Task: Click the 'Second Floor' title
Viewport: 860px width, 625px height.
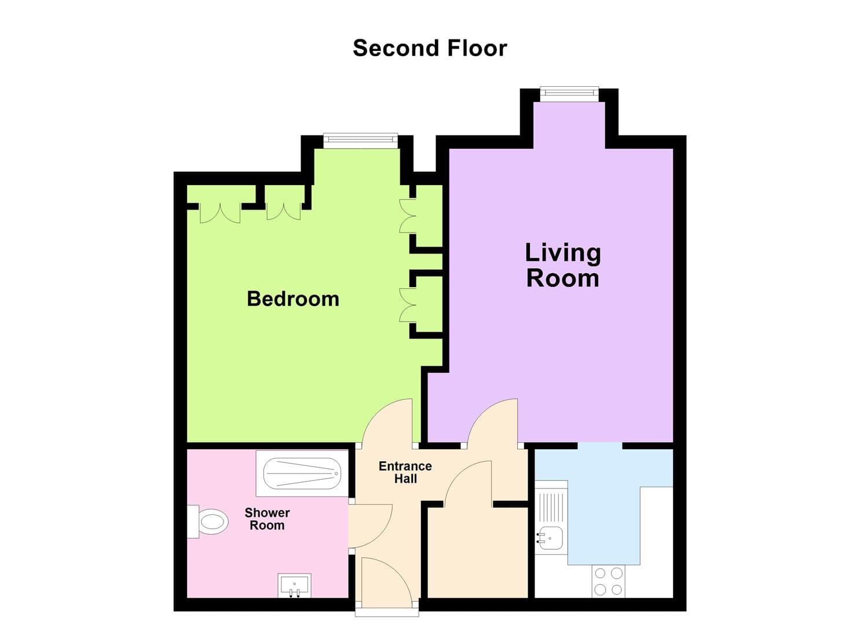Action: [x=430, y=48]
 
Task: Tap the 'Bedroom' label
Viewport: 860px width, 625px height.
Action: [x=293, y=299]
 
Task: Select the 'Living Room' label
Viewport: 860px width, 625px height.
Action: [x=562, y=266]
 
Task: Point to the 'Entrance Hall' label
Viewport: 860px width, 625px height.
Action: [x=405, y=472]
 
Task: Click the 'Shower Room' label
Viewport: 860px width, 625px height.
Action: [x=267, y=519]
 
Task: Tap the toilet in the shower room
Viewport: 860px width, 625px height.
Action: [x=208, y=522]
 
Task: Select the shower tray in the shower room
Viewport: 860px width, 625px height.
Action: [x=302, y=473]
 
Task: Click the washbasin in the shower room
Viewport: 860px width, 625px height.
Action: [x=295, y=585]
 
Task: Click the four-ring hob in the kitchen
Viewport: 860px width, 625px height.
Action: [x=609, y=581]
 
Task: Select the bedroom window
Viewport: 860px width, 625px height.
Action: [x=360, y=140]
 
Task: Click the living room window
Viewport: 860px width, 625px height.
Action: [x=569, y=93]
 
